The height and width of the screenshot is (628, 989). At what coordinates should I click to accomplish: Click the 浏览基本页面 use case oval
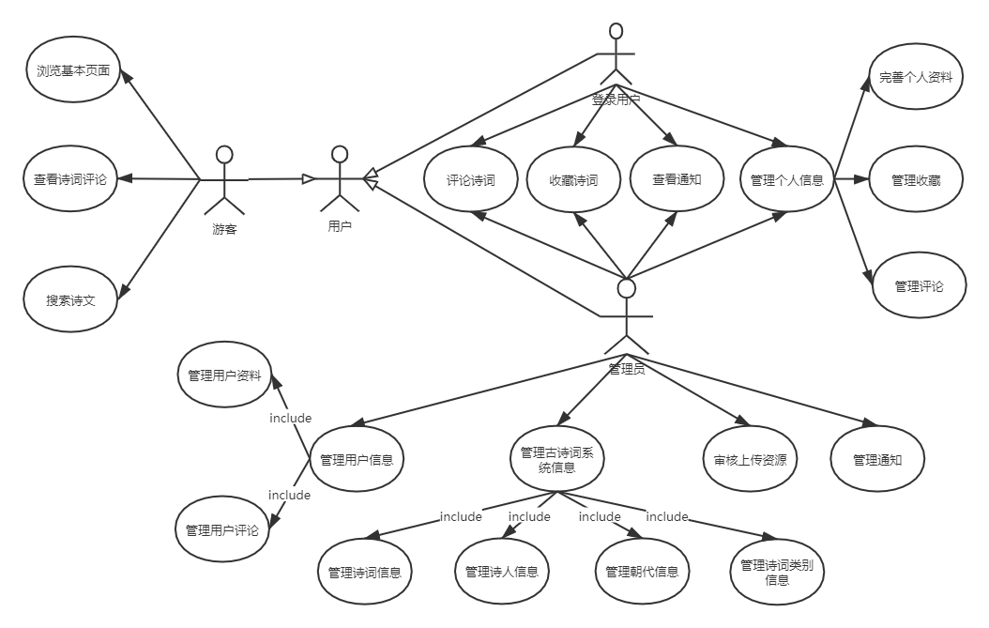pyautogui.click(x=74, y=70)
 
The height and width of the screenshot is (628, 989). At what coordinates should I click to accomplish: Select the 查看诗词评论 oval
pyautogui.click(x=70, y=177)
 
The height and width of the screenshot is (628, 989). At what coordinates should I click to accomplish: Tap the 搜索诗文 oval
pyautogui.click(x=70, y=300)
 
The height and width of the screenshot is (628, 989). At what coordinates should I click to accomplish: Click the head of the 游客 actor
pyautogui.click(x=223, y=155)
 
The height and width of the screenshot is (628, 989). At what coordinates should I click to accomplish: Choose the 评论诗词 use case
pyautogui.click(x=471, y=180)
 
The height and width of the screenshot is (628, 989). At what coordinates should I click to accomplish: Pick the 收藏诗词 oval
pyautogui.click(x=573, y=180)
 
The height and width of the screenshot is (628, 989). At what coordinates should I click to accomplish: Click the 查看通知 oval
pyautogui.click(x=677, y=179)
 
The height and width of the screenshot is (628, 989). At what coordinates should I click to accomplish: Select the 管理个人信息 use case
pyautogui.click(x=787, y=179)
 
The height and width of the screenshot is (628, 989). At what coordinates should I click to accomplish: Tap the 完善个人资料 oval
pyautogui.click(x=916, y=77)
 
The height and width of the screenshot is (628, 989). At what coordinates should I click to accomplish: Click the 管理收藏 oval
pyautogui.click(x=916, y=179)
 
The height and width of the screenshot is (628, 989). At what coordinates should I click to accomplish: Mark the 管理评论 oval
pyautogui.click(x=919, y=286)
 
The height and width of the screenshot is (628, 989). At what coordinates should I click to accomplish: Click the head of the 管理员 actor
pyautogui.click(x=626, y=287)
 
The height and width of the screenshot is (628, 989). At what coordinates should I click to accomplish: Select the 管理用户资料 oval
pyautogui.click(x=224, y=375)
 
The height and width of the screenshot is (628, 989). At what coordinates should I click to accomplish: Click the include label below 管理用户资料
pyautogui.click(x=290, y=417)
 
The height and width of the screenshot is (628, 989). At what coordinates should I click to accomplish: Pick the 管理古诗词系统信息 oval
pyautogui.click(x=557, y=459)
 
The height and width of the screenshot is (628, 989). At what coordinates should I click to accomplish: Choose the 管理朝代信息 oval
pyautogui.click(x=642, y=571)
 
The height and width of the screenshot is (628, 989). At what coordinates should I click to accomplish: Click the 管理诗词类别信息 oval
pyautogui.click(x=777, y=572)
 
